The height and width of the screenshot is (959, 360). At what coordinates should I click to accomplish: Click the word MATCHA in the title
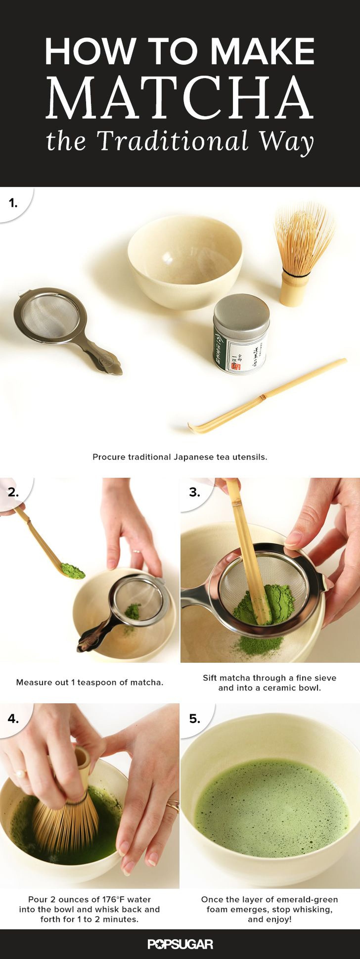tap(180, 97)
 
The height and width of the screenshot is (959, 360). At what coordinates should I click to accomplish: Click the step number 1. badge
tap(13, 203)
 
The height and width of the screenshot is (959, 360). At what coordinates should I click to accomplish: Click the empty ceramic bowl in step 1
tap(185, 261)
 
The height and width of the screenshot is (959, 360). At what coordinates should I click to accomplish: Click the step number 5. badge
tap(195, 719)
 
